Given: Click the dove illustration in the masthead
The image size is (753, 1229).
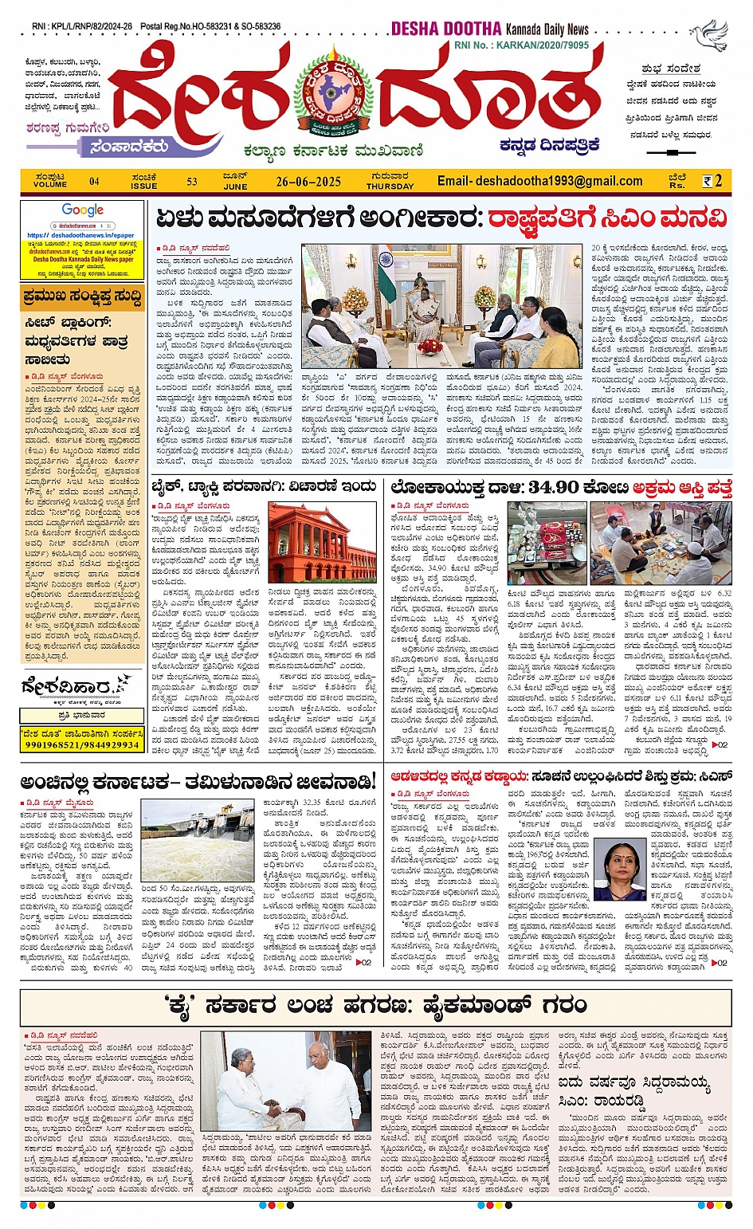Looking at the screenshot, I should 709,36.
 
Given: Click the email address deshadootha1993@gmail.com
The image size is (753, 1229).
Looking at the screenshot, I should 539,181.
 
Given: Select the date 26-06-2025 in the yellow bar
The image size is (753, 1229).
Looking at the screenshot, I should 308,182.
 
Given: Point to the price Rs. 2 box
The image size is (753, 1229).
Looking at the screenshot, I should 712,181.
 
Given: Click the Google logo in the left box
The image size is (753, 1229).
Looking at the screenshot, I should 83,210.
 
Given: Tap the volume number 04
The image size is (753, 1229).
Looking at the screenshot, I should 94,182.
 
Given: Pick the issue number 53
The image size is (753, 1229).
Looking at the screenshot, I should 192,182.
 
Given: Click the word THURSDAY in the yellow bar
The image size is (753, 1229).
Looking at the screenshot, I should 390,187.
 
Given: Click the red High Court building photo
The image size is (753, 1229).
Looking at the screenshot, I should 323,543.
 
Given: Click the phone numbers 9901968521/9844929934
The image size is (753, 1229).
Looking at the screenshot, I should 82,744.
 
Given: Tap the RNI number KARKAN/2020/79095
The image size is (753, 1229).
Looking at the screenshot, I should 542,45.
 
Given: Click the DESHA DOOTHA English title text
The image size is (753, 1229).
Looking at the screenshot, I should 445,29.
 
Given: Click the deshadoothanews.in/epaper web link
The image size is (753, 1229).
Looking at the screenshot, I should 80,236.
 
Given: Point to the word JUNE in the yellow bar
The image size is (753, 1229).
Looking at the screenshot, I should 235,187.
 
